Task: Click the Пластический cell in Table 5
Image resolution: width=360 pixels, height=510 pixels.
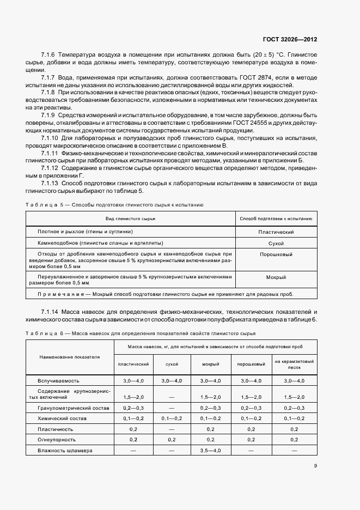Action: pyautogui.click(x=276, y=232)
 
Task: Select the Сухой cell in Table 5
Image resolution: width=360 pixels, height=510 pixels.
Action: pyautogui.click(x=276, y=243)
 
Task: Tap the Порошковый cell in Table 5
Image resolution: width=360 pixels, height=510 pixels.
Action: pyautogui.click(x=276, y=254)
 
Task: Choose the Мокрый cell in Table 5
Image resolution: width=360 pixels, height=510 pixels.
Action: pyautogui.click(x=276, y=277)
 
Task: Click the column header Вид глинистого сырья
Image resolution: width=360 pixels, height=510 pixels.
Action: pyautogui.click(x=131, y=218)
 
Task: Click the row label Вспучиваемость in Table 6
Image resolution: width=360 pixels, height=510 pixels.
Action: pyautogui.click(x=59, y=380)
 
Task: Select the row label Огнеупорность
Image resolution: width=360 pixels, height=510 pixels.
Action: pyautogui.click(x=57, y=439)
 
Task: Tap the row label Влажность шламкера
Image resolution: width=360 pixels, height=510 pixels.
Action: pyautogui.click(x=65, y=451)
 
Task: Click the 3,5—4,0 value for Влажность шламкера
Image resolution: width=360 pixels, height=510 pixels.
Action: pyautogui.click(x=210, y=451)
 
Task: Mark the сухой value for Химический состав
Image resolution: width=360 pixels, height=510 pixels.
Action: pyautogui.click(x=172, y=418)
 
